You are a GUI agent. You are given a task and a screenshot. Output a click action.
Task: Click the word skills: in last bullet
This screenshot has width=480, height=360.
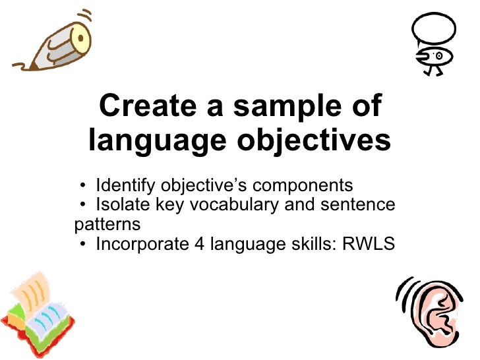coord(312,244)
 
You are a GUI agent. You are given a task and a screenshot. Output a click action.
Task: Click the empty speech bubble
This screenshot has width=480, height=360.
coord(433,29)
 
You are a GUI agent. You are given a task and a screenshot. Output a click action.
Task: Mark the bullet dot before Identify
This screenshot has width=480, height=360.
coord(80,185)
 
